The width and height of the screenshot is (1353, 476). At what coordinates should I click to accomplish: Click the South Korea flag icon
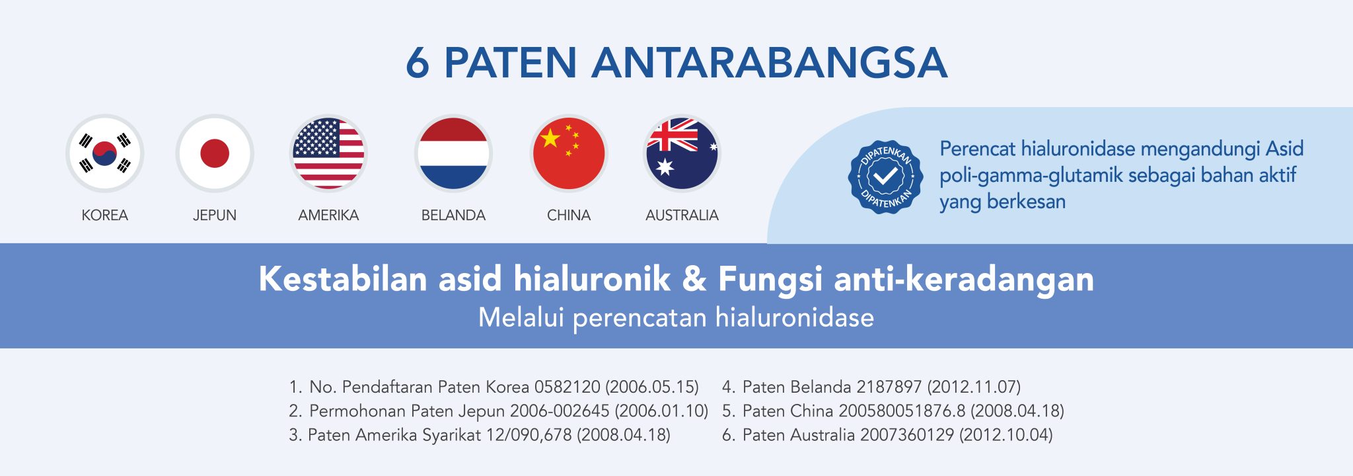(105, 153)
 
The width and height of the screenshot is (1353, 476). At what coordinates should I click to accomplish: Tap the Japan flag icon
(215, 153)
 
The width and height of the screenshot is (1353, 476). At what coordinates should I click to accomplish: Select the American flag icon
(328, 153)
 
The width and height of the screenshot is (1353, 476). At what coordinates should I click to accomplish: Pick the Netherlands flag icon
(453, 153)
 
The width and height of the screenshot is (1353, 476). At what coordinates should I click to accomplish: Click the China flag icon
(569, 153)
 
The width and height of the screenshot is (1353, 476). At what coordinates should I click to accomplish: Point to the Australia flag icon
(682, 153)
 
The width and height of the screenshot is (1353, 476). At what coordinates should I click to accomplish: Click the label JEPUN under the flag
(215, 216)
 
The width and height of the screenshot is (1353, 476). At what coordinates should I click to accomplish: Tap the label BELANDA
(453, 216)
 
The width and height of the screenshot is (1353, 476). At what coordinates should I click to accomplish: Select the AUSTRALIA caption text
(682, 216)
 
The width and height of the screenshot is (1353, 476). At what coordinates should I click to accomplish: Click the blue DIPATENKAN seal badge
(885, 177)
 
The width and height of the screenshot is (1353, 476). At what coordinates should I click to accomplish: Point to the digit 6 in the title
(418, 63)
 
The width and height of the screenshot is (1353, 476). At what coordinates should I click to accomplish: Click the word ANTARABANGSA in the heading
(770, 63)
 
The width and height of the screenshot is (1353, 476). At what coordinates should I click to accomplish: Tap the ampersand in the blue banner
(694, 279)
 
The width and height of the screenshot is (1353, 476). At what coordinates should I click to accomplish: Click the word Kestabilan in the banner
(343, 279)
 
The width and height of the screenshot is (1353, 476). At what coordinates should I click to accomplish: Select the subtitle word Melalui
(521, 317)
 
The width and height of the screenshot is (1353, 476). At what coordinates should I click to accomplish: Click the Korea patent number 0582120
(567, 387)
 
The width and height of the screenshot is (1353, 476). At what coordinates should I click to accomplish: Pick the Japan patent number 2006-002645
(560, 411)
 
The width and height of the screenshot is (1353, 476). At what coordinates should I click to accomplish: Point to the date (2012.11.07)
(974, 387)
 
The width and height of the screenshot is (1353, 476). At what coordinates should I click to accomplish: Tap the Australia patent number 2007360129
(907, 435)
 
